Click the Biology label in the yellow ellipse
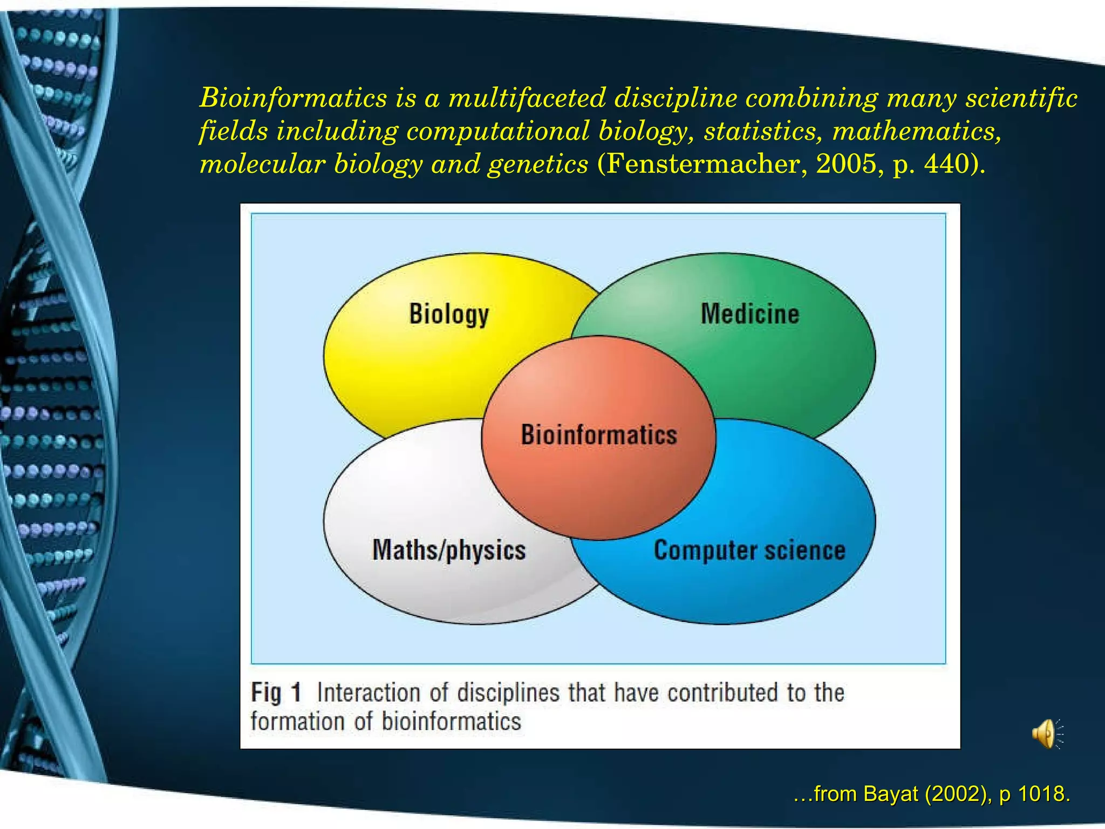point(449,314)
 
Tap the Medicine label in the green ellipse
point(749,314)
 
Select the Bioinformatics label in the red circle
point(598,435)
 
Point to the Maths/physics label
point(449,551)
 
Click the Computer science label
point(749,551)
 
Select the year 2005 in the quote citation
point(846,164)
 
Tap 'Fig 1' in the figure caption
point(276,692)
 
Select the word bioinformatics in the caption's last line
point(452,722)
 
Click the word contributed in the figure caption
point(722,692)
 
